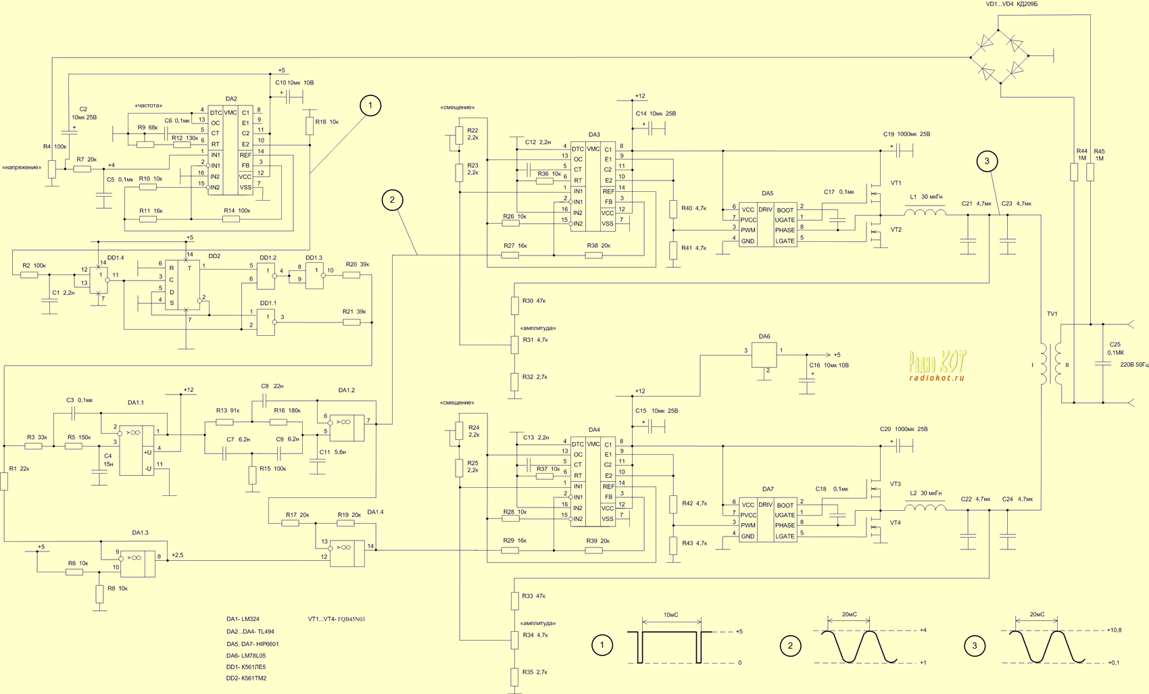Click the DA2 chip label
(231, 99)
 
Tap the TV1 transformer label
(1052, 314)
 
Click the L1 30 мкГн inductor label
(926, 197)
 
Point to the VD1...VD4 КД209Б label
(1011, 5)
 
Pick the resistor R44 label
(1081, 155)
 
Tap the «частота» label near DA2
(149, 106)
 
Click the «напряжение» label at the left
(22, 168)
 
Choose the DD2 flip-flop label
(214, 257)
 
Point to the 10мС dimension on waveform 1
(670, 616)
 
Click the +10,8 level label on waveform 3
(1114, 630)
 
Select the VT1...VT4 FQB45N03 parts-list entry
(336, 619)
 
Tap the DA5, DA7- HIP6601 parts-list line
(252, 644)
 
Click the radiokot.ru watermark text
(937, 378)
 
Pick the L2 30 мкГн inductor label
(926, 493)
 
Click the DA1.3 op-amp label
(140, 533)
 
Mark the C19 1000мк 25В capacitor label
(906, 134)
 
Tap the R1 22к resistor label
(20, 469)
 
